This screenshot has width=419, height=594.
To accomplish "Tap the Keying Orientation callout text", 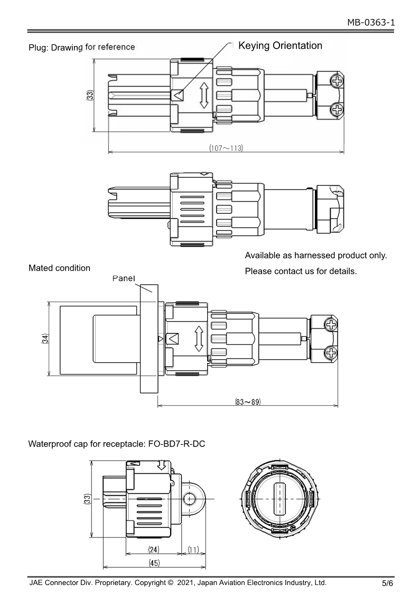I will [x=280, y=45].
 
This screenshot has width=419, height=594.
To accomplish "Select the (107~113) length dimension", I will [x=226, y=148].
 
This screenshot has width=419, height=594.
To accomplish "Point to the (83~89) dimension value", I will [x=248, y=402].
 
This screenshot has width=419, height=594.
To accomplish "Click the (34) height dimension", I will [x=46, y=339].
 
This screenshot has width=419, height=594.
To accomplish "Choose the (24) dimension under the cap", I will [x=154, y=550].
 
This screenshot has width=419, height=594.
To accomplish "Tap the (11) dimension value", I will [x=193, y=550].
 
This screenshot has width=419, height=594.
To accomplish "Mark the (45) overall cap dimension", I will [x=154, y=563].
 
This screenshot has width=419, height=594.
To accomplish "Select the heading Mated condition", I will [x=59, y=268].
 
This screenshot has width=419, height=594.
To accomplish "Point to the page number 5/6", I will [x=388, y=584].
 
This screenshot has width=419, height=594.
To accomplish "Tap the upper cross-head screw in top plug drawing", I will [x=337, y=81].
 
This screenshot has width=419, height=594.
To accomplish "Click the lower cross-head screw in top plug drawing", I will [x=337, y=110].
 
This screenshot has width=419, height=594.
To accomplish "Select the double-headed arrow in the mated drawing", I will [x=199, y=339].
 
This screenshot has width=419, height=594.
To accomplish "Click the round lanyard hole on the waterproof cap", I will [x=190, y=498].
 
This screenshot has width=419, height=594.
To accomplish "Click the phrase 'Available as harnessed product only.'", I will [x=315, y=256].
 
